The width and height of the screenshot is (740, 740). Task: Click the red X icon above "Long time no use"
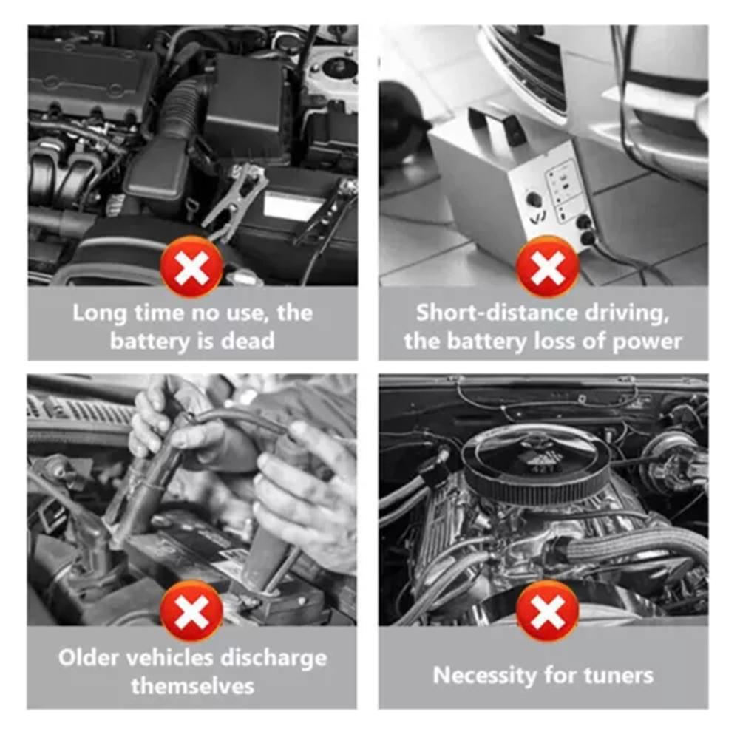click(x=191, y=267)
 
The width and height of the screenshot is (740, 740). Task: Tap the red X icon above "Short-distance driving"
click(x=547, y=267)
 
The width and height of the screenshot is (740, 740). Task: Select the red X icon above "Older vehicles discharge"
click(x=191, y=611)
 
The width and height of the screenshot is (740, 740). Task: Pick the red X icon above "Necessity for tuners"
click(x=547, y=611)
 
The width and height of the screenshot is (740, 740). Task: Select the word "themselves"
click(x=192, y=685)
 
